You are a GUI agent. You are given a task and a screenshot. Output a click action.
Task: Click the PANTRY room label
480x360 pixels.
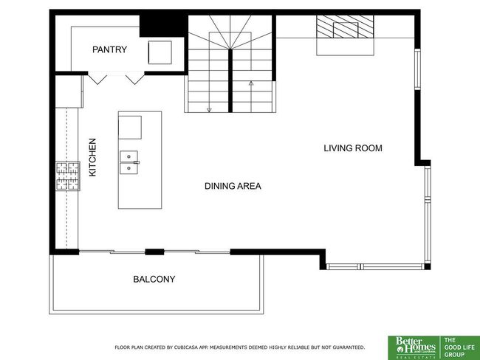pyautogui.click(x=109, y=49)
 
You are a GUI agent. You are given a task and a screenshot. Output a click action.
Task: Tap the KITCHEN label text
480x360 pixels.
pyautogui.click(x=92, y=158)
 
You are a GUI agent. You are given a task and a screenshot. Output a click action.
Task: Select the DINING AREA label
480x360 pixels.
pyautogui.click(x=233, y=186)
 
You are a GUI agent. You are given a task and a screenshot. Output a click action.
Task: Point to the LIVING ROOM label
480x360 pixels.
pyautogui.click(x=353, y=148)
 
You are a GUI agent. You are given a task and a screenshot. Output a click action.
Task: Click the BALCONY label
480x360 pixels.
pyautogui.click(x=154, y=279)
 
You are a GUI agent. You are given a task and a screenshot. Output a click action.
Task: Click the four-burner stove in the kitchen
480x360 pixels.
pyautogui.click(x=68, y=176)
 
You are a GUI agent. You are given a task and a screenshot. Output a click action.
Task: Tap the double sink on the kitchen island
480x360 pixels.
pyautogui.click(x=129, y=162)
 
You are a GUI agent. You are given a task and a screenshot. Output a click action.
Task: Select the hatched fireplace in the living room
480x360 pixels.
pyautogui.click(x=345, y=27)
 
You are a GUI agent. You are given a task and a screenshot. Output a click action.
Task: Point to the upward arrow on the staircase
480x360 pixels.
pyautogui.click(x=251, y=96)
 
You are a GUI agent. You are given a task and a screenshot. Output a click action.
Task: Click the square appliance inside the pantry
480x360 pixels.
pyautogui.click(x=160, y=52)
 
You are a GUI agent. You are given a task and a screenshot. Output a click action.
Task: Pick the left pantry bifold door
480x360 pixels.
pyautogui.click(x=97, y=78)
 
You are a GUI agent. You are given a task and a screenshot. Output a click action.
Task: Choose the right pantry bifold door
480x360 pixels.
pyautogui.click(x=135, y=78)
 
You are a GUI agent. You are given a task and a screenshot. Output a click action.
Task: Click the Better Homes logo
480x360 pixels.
pyautogui.click(x=414, y=347)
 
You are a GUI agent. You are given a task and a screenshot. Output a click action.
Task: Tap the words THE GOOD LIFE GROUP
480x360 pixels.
pyautogui.click(x=459, y=347)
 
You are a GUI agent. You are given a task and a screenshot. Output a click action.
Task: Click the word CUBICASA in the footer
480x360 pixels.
pyautogui.click(x=186, y=347)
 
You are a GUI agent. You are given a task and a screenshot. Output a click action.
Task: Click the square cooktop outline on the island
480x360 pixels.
pyautogui.click(x=130, y=127)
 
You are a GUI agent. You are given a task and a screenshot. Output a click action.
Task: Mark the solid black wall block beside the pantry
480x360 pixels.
pyautogui.click(x=162, y=26)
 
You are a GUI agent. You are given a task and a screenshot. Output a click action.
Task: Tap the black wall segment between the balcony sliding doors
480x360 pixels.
pyautogui.click(x=154, y=252)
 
